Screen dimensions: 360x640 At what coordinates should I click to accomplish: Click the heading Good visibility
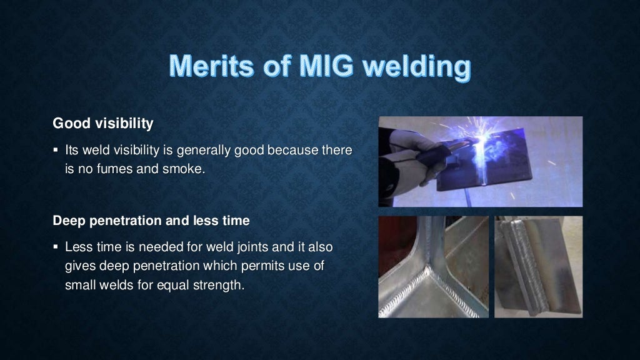tap(103, 124)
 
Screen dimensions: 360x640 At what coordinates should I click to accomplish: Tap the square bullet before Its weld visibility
tap(56, 151)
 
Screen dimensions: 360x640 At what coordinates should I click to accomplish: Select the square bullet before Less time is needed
tap(56, 247)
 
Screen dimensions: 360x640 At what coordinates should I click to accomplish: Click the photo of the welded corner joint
tap(433, 267)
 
